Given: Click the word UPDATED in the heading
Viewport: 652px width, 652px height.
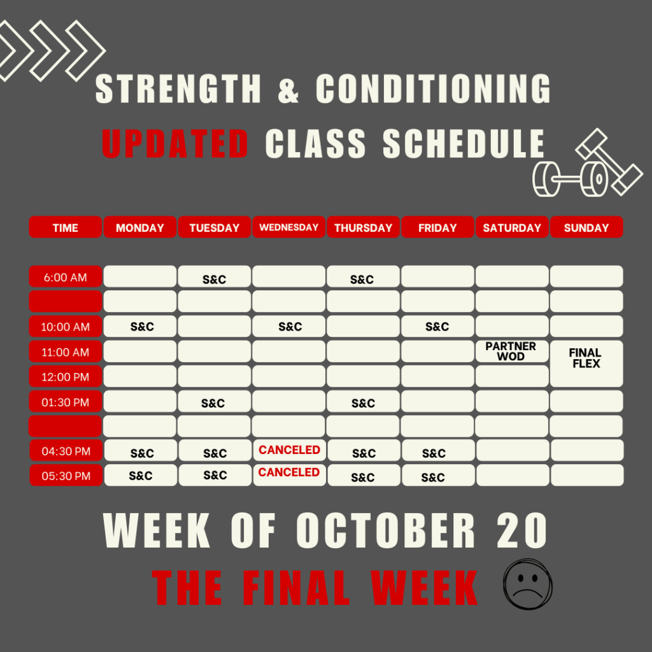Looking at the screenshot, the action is tap(175, 143).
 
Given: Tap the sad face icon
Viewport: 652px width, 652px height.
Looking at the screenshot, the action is tap(528, 585).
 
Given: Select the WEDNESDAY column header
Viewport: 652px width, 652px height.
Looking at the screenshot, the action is tap(288, 227).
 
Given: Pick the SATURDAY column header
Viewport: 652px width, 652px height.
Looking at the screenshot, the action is tap(512, 227).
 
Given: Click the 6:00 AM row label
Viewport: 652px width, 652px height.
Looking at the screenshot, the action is tap(66, 276).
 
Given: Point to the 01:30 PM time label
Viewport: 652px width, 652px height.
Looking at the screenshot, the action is tap(66, 402).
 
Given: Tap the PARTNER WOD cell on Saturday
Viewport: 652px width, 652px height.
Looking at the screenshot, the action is tap(512, 351).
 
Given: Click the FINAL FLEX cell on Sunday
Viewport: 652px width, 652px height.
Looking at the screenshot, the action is tap(586, 364).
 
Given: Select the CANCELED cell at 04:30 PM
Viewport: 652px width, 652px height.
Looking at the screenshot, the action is tap(290, 450).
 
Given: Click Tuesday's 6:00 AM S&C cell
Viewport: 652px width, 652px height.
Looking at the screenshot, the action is tap(214, 276).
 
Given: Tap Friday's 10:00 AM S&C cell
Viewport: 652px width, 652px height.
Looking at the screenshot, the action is tap(437, 327).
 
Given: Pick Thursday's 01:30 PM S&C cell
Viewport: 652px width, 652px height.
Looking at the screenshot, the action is tap(363, 402).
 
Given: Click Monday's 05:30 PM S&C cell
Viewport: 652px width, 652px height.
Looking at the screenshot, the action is tap(141, 475).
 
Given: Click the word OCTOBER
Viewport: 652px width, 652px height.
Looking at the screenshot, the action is tap(385, 530).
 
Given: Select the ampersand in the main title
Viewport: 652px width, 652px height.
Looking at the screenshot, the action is tap(288, 89).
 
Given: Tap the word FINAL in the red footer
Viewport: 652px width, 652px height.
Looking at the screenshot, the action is tap(295, 588).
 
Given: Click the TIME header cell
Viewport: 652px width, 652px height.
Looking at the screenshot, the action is tap(66, 227).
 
